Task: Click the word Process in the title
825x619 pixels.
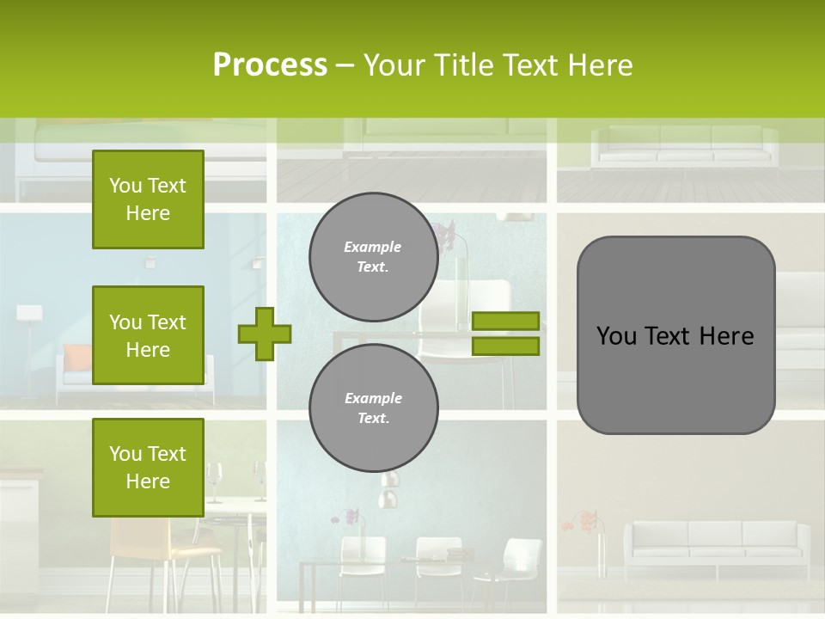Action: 270,65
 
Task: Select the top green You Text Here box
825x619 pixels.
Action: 148,199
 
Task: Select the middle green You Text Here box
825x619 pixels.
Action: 148,335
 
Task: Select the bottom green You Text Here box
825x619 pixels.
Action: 148,468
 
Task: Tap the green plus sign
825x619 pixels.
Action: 265,334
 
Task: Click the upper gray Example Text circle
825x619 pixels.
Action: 373,256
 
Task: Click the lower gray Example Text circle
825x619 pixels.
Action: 373,408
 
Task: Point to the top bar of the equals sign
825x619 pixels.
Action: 505,322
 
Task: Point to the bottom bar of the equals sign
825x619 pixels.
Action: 505,346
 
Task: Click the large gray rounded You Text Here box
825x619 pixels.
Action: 675,335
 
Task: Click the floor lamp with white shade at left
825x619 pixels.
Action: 29,327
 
